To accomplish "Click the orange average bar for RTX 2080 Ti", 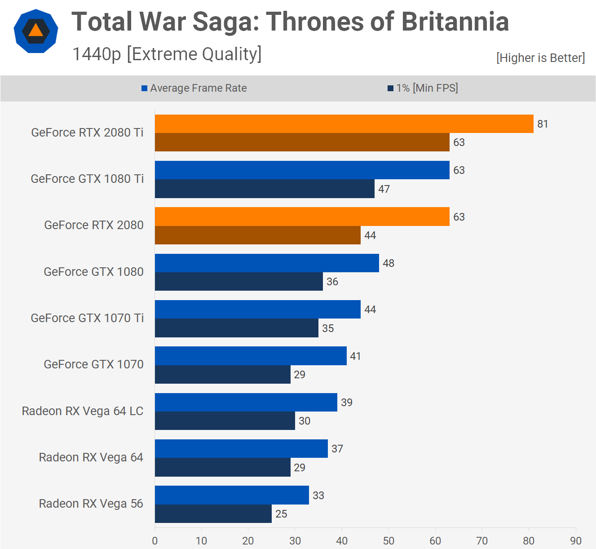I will tap(344, 124).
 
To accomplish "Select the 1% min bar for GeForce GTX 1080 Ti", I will tap(265, 189).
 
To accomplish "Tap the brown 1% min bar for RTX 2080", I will tap(258, 235).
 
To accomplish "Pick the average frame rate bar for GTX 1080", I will tap(267, 263).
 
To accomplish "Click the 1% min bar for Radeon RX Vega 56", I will tap(213, 514).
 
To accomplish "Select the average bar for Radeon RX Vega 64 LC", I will tap(246, 402).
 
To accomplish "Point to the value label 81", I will tap(543, 124).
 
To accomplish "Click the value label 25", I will tap(281, 514).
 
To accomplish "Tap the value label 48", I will tap(389, 263).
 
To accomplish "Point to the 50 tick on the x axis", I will tap(389, 540).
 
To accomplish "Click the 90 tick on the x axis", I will tap(575, 540).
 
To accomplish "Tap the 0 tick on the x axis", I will tap(155, 540).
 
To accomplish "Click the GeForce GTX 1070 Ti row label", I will tap(87, 318).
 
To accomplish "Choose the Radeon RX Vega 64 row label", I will tap(91, 457).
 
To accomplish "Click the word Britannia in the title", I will tap(455, 22).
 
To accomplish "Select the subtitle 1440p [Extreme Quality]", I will tap(167, 54).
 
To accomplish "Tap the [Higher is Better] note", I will tap(540, 58).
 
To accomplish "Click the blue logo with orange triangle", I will tap(36, 31).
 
